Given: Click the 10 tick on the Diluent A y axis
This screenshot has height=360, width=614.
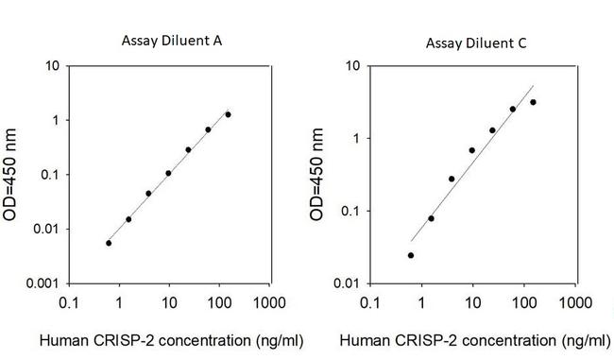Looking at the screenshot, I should point(54,66).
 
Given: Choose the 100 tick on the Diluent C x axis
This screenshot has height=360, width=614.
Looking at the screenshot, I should point(520,303).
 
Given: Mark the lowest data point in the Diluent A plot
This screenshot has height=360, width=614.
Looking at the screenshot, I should point(109,243).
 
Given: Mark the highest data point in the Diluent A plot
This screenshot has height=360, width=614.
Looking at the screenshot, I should point(228,114).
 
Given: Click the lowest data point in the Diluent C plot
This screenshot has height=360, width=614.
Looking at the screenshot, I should point(411,255).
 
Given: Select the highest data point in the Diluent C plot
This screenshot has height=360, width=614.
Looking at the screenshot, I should point(533,102).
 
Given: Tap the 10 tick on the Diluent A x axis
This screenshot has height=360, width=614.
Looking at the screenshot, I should point(169,303).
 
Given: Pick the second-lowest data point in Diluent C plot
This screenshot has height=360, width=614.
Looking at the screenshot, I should point(431,218).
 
